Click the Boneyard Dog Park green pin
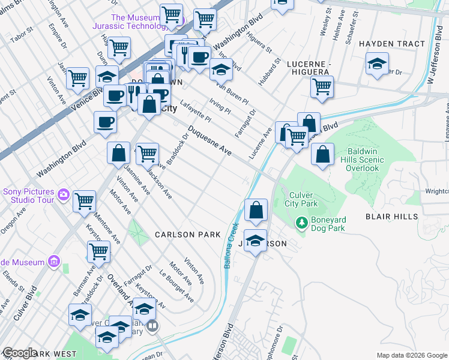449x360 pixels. click(x=302, y=224)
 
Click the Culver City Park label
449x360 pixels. click(x=303, y=200)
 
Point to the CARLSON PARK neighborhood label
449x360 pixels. click(x=188, y=235)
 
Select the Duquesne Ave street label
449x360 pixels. click(x=209, y=142)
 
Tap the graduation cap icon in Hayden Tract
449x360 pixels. click(x=377, y=65)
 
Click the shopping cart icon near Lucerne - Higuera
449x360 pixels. click(x=322, y=86)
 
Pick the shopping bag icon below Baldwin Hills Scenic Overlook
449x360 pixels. click(x=322, y=155)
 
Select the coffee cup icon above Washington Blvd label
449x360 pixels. click(x=105, y=122)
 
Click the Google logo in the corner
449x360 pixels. click(x=19, y=353)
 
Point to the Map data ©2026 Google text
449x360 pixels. click(x=411, y=355)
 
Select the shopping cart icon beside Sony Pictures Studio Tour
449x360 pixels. click(x=84, y=201)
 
